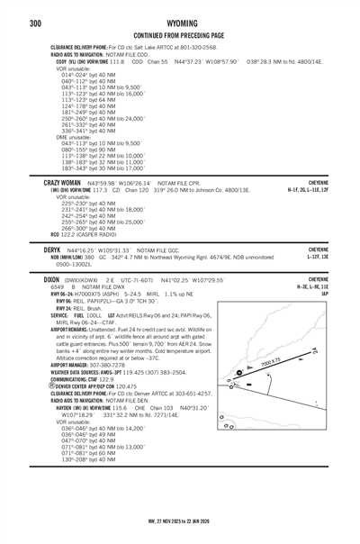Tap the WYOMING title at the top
(x=180, y=23)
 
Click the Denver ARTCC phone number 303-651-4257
(x=193, y=394)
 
